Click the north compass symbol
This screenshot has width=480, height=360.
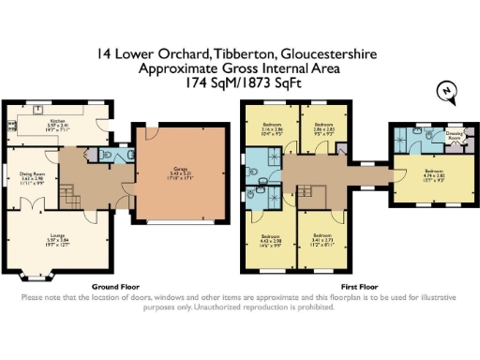click(x=447, y=89)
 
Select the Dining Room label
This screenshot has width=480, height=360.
click(x=34, y=175)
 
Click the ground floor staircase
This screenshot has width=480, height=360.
click(x=69, y=195)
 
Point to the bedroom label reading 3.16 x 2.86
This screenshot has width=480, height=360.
click(x=273, y=130)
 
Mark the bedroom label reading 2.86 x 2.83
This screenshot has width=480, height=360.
click(x=325, y=130)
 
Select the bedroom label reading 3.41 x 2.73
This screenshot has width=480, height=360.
click(x=324, y=239)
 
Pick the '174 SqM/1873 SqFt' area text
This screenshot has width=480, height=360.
click(x=239, y=82)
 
